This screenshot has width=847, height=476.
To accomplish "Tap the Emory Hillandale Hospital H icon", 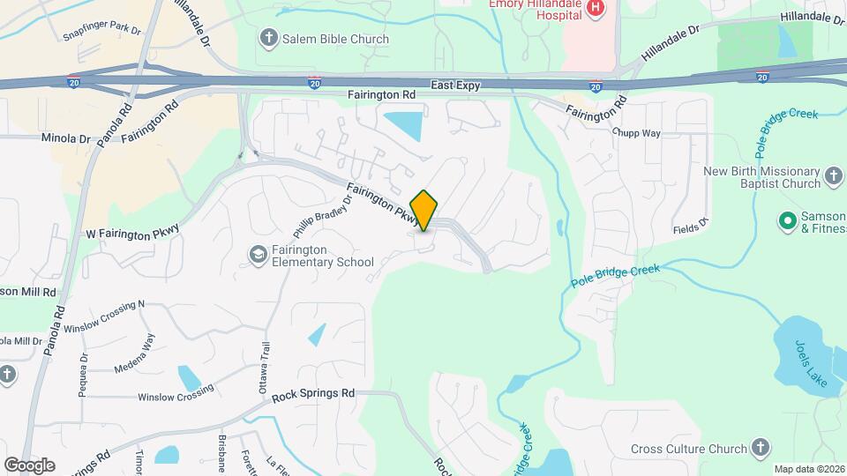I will [596, 8].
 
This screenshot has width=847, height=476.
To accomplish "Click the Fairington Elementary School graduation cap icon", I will [259, 255].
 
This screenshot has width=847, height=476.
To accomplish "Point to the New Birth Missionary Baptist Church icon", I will [835, 177].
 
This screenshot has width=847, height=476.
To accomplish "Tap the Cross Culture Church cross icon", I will [761, 448].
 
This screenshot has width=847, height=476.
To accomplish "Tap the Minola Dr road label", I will [66, 138].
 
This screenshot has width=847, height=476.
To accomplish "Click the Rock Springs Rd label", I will [313, 393].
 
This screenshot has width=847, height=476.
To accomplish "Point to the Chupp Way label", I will [636, 132].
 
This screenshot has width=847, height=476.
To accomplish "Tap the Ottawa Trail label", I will [262, 362].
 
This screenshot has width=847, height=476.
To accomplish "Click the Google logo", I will [29, 465].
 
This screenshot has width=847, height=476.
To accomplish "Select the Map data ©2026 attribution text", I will [808, 469].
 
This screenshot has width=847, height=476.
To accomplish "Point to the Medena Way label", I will [134, 353].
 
